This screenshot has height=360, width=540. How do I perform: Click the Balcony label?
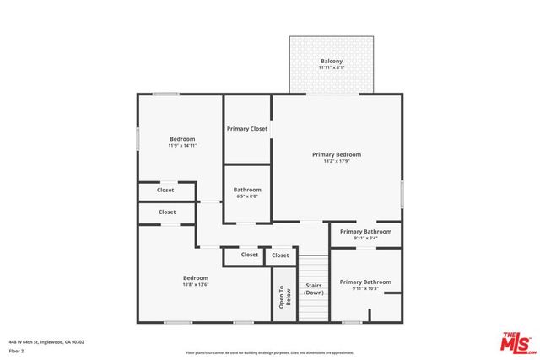pos(331,62)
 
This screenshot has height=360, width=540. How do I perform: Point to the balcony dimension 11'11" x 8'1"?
pos(331,69)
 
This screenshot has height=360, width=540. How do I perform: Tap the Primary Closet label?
pos(247,129)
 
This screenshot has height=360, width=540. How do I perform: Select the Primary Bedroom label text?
pos(337,154)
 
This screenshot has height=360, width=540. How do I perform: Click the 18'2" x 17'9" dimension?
pos(337,162)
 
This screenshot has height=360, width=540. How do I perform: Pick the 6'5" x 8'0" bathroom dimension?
pos(247,197)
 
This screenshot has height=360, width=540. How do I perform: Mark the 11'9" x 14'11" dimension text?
pos(183,146)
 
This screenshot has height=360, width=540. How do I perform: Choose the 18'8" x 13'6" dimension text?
pos(196,285)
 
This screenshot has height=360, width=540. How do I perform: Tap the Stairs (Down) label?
pos(313,289)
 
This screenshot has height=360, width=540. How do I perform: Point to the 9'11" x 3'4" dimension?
pos(365,239)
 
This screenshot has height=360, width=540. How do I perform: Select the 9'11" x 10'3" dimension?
pos(365,289)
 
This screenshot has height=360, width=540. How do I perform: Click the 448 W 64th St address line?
pos(46,341)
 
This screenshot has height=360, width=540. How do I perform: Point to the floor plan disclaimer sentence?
pos(270,352)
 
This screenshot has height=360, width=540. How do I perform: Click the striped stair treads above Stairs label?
pos(313,266)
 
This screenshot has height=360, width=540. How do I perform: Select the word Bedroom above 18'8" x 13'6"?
pos(196,277)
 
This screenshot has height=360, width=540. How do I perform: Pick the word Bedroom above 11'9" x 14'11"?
pos(183,138)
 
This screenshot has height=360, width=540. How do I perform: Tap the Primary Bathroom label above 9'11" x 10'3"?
pos(365,282)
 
